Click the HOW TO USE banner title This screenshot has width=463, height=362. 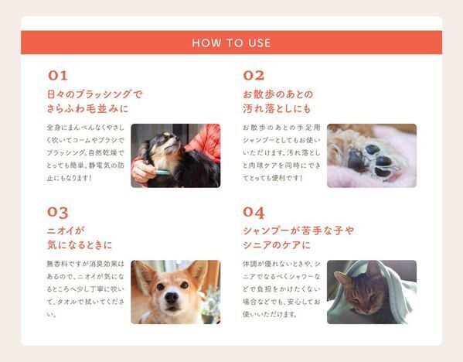point(231,43)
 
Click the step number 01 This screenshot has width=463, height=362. point(58,76)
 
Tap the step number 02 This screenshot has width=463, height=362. point(254,76)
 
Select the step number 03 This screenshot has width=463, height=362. point(58,212)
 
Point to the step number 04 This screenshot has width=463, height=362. point(254,212)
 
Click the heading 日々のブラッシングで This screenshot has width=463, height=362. point(94,94)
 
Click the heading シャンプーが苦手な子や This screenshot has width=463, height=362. point(298,231)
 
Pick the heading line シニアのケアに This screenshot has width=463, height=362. point(276,245)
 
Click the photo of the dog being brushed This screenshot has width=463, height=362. point(175,155)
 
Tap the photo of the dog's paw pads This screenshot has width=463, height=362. point(371,155)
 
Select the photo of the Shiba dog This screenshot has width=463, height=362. point(175,292)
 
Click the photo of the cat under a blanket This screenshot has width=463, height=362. point(371,292)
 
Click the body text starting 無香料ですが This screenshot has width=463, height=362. point(85,289)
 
